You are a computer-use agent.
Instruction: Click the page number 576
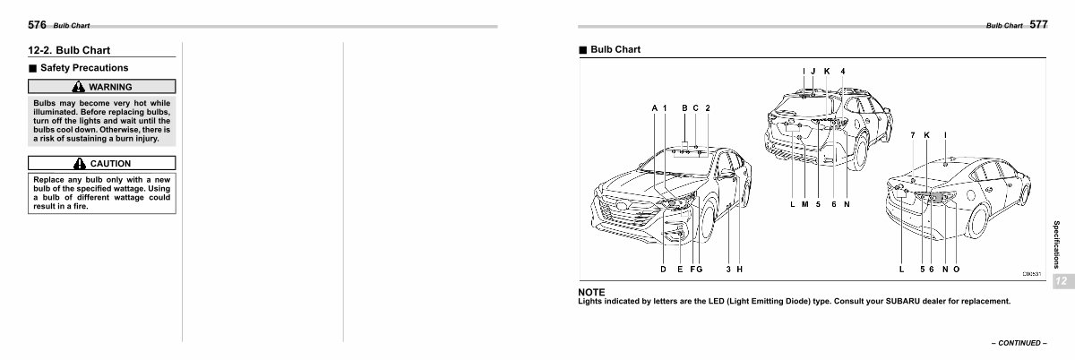point(37,25)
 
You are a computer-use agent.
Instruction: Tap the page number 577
point(1038,25)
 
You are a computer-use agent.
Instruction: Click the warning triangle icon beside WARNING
point(79,87)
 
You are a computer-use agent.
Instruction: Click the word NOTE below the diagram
point(591,292)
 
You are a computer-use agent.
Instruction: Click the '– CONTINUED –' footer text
point(1017,343)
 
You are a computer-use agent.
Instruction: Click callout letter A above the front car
point(655,108)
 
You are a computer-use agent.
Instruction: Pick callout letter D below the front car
point(664,269)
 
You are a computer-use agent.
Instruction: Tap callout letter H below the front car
point(741,269)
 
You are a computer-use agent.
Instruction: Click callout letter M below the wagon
point(804,204)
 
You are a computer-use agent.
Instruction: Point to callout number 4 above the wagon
point(842,71)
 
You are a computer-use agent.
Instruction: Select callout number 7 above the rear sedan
point(912,135)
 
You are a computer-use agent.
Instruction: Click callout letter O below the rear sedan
point(957,269)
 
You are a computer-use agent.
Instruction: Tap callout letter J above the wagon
point(813,71)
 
